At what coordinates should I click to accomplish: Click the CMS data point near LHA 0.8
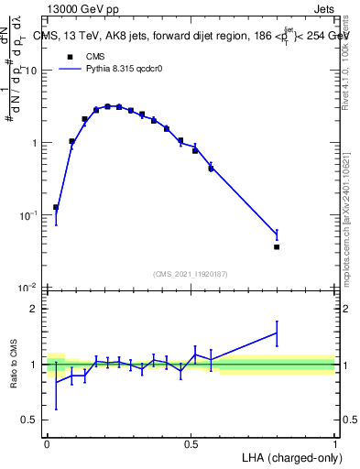click(x=277, y=246)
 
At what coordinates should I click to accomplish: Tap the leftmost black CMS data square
click(x=57, y=208)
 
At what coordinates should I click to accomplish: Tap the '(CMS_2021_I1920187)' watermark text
click(x=191, y=273)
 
